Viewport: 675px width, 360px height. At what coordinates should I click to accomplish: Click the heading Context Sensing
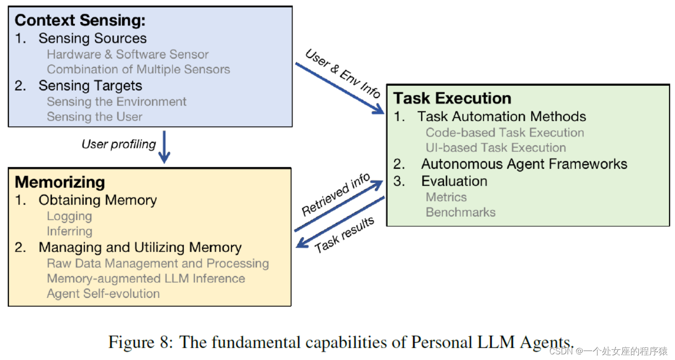point(80,20)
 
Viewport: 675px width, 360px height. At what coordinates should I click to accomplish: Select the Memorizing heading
point(60,182)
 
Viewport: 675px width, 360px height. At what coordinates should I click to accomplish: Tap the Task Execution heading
point(452,98)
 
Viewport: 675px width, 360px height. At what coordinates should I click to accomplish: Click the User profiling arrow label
point(119,144)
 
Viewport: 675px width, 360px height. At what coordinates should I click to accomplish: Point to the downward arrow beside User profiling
point(164,147)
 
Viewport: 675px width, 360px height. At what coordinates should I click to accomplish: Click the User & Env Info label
point(342,74)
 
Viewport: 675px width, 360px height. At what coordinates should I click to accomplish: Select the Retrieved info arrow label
point(336,195)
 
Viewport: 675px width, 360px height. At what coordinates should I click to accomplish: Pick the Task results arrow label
point(344,235)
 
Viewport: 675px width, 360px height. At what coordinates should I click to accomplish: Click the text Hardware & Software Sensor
point(128,54)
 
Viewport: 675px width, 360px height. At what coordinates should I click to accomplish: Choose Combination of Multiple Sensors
point(138,69)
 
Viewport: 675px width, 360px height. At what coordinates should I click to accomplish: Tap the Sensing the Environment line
point(117,101)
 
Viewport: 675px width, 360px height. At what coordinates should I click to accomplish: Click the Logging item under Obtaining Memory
point(69,216)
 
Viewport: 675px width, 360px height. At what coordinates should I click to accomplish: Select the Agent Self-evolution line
point(103,294)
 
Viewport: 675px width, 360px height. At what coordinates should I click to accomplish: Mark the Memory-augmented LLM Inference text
point(146,278)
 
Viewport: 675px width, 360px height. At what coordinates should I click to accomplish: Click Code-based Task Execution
point(504,132)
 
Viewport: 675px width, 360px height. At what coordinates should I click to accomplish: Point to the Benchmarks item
point(460,212)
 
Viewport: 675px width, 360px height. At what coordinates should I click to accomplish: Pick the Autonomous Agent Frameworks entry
point(524,164)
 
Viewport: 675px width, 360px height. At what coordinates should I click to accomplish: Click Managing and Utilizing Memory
point(140,247)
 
